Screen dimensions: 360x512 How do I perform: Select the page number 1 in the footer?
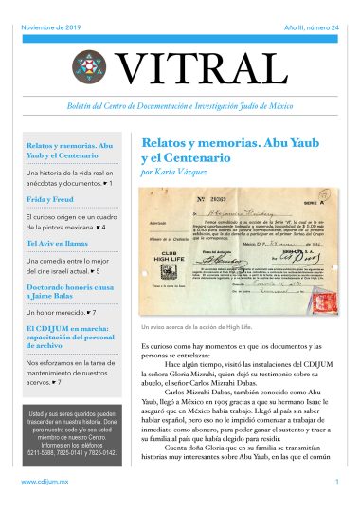click(336, 483)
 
